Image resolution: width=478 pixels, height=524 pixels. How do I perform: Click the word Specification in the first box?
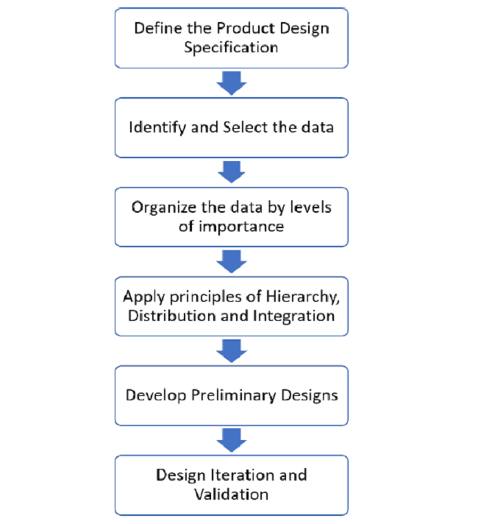point(231,48)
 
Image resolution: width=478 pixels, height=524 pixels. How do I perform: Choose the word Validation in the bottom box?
point(231,493)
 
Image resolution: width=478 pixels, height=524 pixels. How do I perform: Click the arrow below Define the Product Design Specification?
point(232,82)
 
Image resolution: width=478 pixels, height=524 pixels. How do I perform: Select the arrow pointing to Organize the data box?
point(232,171)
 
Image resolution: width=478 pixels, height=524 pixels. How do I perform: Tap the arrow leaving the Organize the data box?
point(232,261)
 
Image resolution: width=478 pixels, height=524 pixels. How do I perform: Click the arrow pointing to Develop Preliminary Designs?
point(232,350)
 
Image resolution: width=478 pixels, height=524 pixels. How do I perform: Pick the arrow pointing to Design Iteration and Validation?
point(232,439)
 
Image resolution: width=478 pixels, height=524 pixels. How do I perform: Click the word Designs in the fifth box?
point(310,395)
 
